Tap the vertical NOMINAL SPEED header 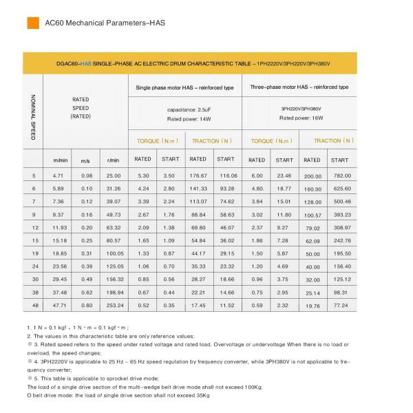pyautogui.click(x=33, y=116)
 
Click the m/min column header pyautogui.click(x=60, y=160)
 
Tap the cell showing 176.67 pyautogui.click(x=198, y=176)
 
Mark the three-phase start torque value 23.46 pyautogui.click(x=284, y=176)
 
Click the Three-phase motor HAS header pyautogui.click(x=299, y=87)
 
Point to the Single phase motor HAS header pyautogui.click(x=185, y=87)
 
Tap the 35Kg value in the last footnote pyautogui.click(x=201, y=396)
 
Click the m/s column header pyautogui.click(x=86, y=160)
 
